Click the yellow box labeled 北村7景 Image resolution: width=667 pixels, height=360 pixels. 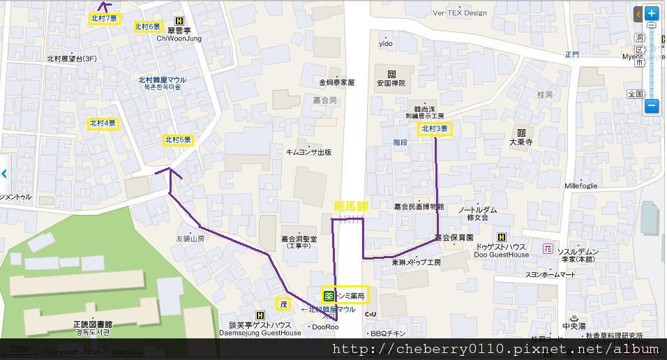coord(104,19)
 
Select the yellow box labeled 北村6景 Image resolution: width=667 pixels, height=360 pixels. coord(147,27)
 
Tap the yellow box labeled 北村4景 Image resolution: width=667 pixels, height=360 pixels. coord(103,123)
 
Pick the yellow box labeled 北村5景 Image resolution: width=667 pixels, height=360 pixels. coord(178,140)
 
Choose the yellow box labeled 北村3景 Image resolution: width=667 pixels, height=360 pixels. coord(435,129)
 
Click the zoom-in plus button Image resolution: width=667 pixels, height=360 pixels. coord(651,13)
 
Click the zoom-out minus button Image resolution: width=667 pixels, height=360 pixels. coord(651,106)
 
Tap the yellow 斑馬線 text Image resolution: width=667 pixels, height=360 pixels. coord(351,206)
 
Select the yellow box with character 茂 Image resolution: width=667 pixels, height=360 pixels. coord(283,304)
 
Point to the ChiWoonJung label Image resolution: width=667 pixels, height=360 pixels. coord(179,38)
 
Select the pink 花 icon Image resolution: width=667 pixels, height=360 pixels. coord(548,249)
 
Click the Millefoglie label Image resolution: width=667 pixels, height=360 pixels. coord(580,186)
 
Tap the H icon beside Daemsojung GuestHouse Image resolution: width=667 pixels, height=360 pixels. coord(260,315)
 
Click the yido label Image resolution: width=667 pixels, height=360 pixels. coord(386,43)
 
